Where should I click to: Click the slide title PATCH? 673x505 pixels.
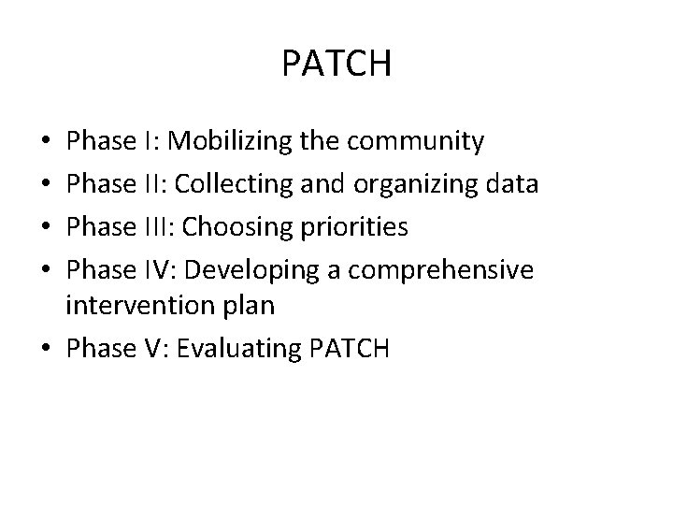coord(336,65)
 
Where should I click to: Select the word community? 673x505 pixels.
coord(416,142)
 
